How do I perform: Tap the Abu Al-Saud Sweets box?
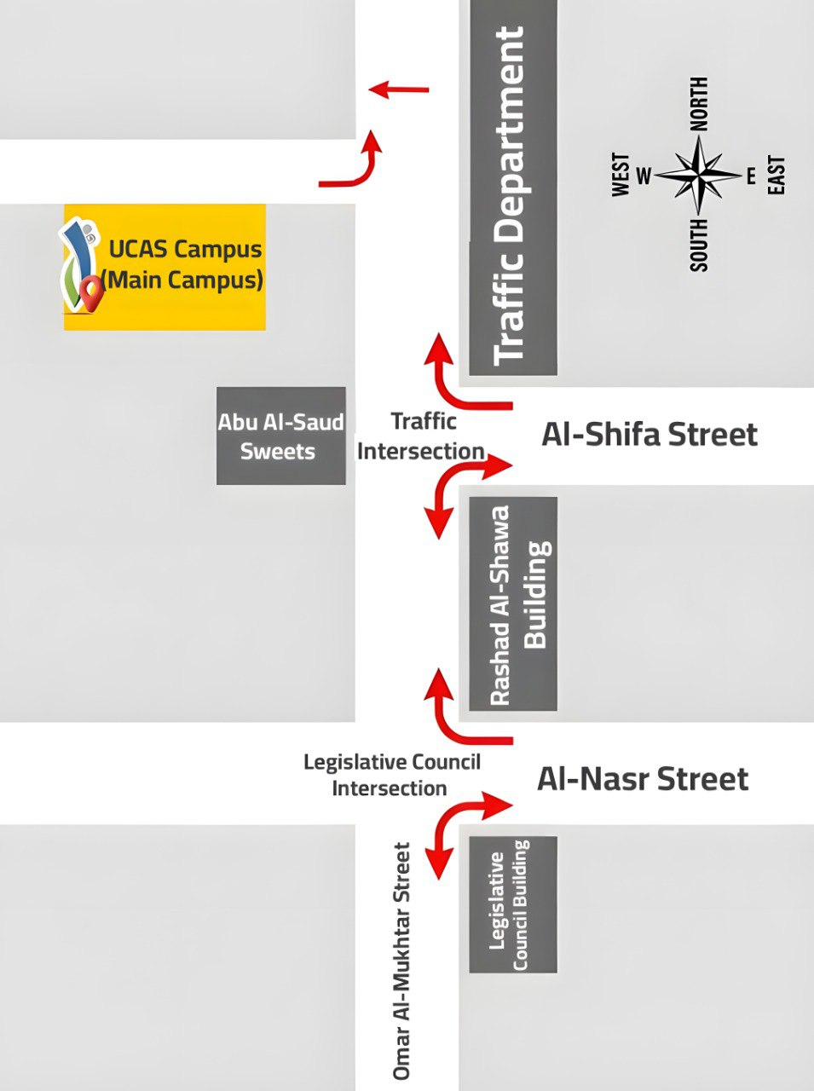[280, 436]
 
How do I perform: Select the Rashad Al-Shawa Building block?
[513, 603]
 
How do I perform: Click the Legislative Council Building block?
[513, 904]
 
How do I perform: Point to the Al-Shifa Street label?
[649, 435]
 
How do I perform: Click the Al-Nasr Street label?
[643, 779]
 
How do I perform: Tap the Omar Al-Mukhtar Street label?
[401, 961]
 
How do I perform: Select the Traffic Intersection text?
[421, 436]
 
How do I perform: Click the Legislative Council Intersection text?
[391, 775]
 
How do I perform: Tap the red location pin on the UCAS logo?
[90, 292]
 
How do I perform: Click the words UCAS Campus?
[185, 250]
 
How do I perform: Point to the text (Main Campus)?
[182, 280]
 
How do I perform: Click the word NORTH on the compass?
[699, 104]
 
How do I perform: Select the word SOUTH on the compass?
[699, 245]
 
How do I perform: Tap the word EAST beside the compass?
[776, 176]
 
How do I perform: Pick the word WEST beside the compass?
[621, 176]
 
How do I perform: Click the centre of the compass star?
[699, 176]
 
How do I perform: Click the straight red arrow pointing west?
[399, 89]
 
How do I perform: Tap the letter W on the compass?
[644, 176]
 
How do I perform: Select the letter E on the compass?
[751, 176]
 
